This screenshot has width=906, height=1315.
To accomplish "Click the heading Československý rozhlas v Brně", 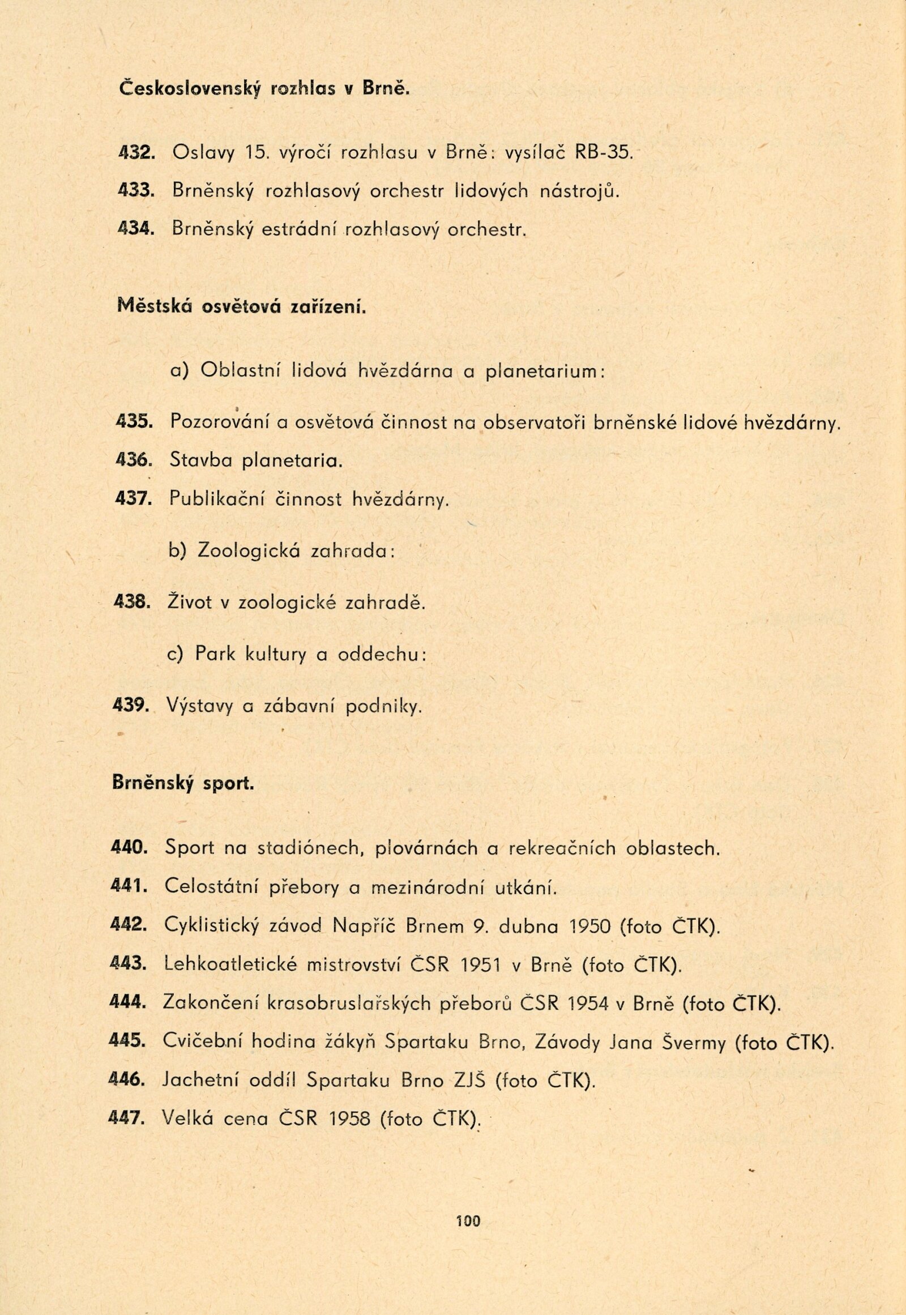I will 264,90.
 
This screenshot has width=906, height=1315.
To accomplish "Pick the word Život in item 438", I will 189,603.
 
